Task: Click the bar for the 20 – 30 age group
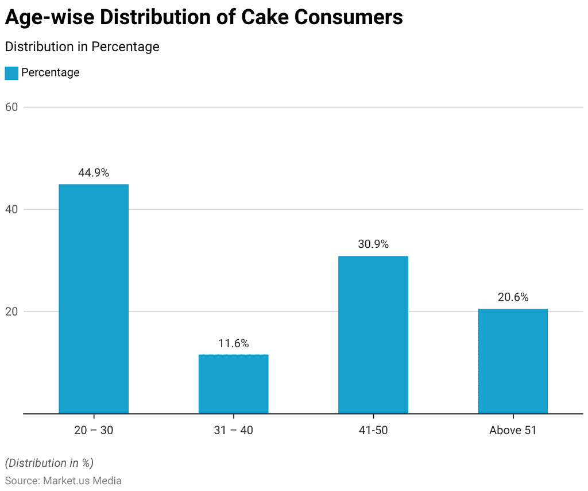pos(94,299)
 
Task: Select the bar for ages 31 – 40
pos(233,384)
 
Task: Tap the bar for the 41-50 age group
pos(373,335)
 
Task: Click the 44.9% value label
pos(94,172)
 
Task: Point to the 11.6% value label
pos(233,343)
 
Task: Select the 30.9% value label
pos(373,244)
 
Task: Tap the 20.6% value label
pos(513,297)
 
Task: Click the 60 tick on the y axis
pos(12,107)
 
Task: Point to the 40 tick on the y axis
pos(12,209)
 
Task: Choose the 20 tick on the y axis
pos(12,312)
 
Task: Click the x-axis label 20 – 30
pos(94,430)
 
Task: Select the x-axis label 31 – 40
pos(233,430)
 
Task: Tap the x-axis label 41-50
pos(373,430)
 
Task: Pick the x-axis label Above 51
pos(513,430)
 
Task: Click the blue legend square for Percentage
pos(11,73)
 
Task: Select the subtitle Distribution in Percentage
pos(82,47)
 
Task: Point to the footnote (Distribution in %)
pos(49,463)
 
